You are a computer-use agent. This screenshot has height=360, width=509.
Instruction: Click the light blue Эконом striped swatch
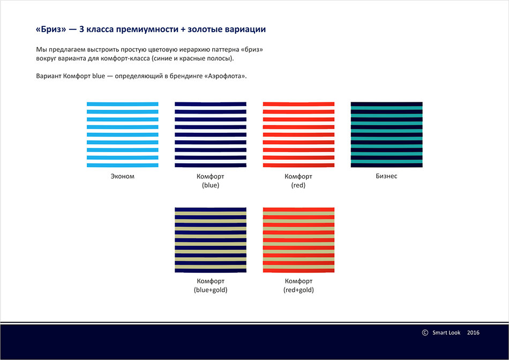coord(122,134)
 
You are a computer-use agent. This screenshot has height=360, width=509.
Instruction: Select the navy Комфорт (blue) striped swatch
coord(211,134)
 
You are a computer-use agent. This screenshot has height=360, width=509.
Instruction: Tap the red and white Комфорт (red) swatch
coord(298,134)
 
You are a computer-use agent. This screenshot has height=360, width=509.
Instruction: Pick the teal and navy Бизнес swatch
coord(387,134)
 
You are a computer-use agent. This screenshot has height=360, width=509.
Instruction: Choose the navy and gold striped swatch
coord(211,240)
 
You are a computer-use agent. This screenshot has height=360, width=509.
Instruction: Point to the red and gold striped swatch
coord(298,240)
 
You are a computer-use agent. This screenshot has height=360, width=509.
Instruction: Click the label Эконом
coord(122,176)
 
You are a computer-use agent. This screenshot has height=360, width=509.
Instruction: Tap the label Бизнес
coord(386,176)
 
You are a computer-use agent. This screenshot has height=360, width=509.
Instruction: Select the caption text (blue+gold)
coord(211,290)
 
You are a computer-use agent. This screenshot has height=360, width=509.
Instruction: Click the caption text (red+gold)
coord(298,290)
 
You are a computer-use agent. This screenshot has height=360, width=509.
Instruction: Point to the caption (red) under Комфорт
coord(298,185)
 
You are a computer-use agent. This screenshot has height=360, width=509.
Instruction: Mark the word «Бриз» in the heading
coord(51,29)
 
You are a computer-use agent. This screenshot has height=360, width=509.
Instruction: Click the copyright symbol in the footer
coord(425,333)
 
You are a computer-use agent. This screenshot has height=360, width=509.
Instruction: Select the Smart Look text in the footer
coord(446,333)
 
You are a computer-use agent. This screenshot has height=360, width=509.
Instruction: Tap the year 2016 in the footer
coord(473,333)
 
